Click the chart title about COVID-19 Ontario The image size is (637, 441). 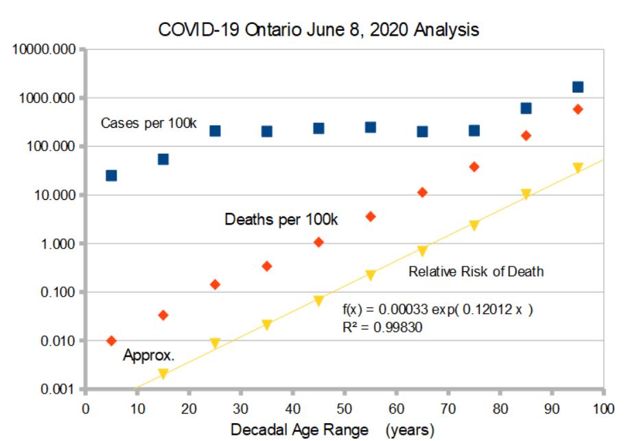click(318, 30)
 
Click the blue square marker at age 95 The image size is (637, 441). click(578, 87)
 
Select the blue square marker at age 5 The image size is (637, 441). click(111, 175)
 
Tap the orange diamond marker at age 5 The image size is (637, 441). click(111, 341)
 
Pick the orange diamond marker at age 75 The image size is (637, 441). click(474, 167)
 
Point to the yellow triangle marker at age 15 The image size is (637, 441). click(163, 374)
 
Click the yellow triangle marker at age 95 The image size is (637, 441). click(578, 168)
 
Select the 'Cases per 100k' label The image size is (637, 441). click(149, 124)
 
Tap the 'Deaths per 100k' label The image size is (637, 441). click(281, 220)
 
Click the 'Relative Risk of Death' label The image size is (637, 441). click(476, 271)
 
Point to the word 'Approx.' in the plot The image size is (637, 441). click(149, 356)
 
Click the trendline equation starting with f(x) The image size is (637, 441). click(437, 310)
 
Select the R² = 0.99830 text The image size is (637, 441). click(382, 328)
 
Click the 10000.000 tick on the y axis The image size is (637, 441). click(43, 50)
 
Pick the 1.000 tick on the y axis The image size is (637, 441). click(58, 244)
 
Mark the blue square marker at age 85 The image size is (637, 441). click(526, 109)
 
